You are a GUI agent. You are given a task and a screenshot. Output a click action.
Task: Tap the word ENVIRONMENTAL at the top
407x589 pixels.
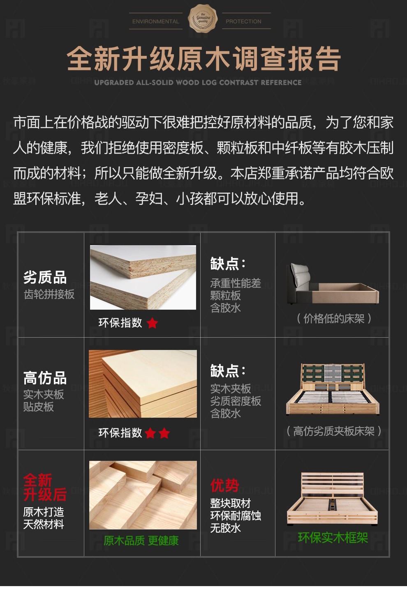coord(155,21)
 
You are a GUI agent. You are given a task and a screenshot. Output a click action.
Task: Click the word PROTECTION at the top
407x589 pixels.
coord(243,21)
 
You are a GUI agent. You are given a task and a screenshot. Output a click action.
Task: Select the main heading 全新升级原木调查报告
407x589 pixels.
coord(204,58)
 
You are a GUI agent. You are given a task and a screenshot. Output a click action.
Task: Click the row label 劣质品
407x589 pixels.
coord(45,277)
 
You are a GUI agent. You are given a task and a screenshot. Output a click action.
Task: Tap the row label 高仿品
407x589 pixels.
coord(45,377)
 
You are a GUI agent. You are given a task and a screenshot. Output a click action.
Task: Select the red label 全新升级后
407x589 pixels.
coord(45,487)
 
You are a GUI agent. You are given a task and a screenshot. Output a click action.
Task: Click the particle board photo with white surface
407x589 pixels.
coord(143,277)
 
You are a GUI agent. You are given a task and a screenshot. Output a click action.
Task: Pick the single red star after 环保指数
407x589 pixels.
coord(153,323)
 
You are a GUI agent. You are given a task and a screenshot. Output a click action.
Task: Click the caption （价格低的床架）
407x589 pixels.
coord(334,318)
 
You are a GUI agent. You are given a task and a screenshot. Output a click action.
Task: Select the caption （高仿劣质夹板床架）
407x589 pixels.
coord(333,431)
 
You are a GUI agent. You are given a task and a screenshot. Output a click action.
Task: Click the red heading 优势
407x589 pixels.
coord(224,485)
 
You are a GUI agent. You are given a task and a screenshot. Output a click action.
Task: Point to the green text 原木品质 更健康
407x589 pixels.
coord(141,541)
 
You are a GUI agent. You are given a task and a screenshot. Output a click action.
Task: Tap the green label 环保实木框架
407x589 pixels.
coord(333,538)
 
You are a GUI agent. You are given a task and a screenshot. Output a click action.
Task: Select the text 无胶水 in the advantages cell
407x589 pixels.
coord(225,527)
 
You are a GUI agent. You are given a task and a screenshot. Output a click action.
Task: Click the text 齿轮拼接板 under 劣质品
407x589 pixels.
coord(49,294)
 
